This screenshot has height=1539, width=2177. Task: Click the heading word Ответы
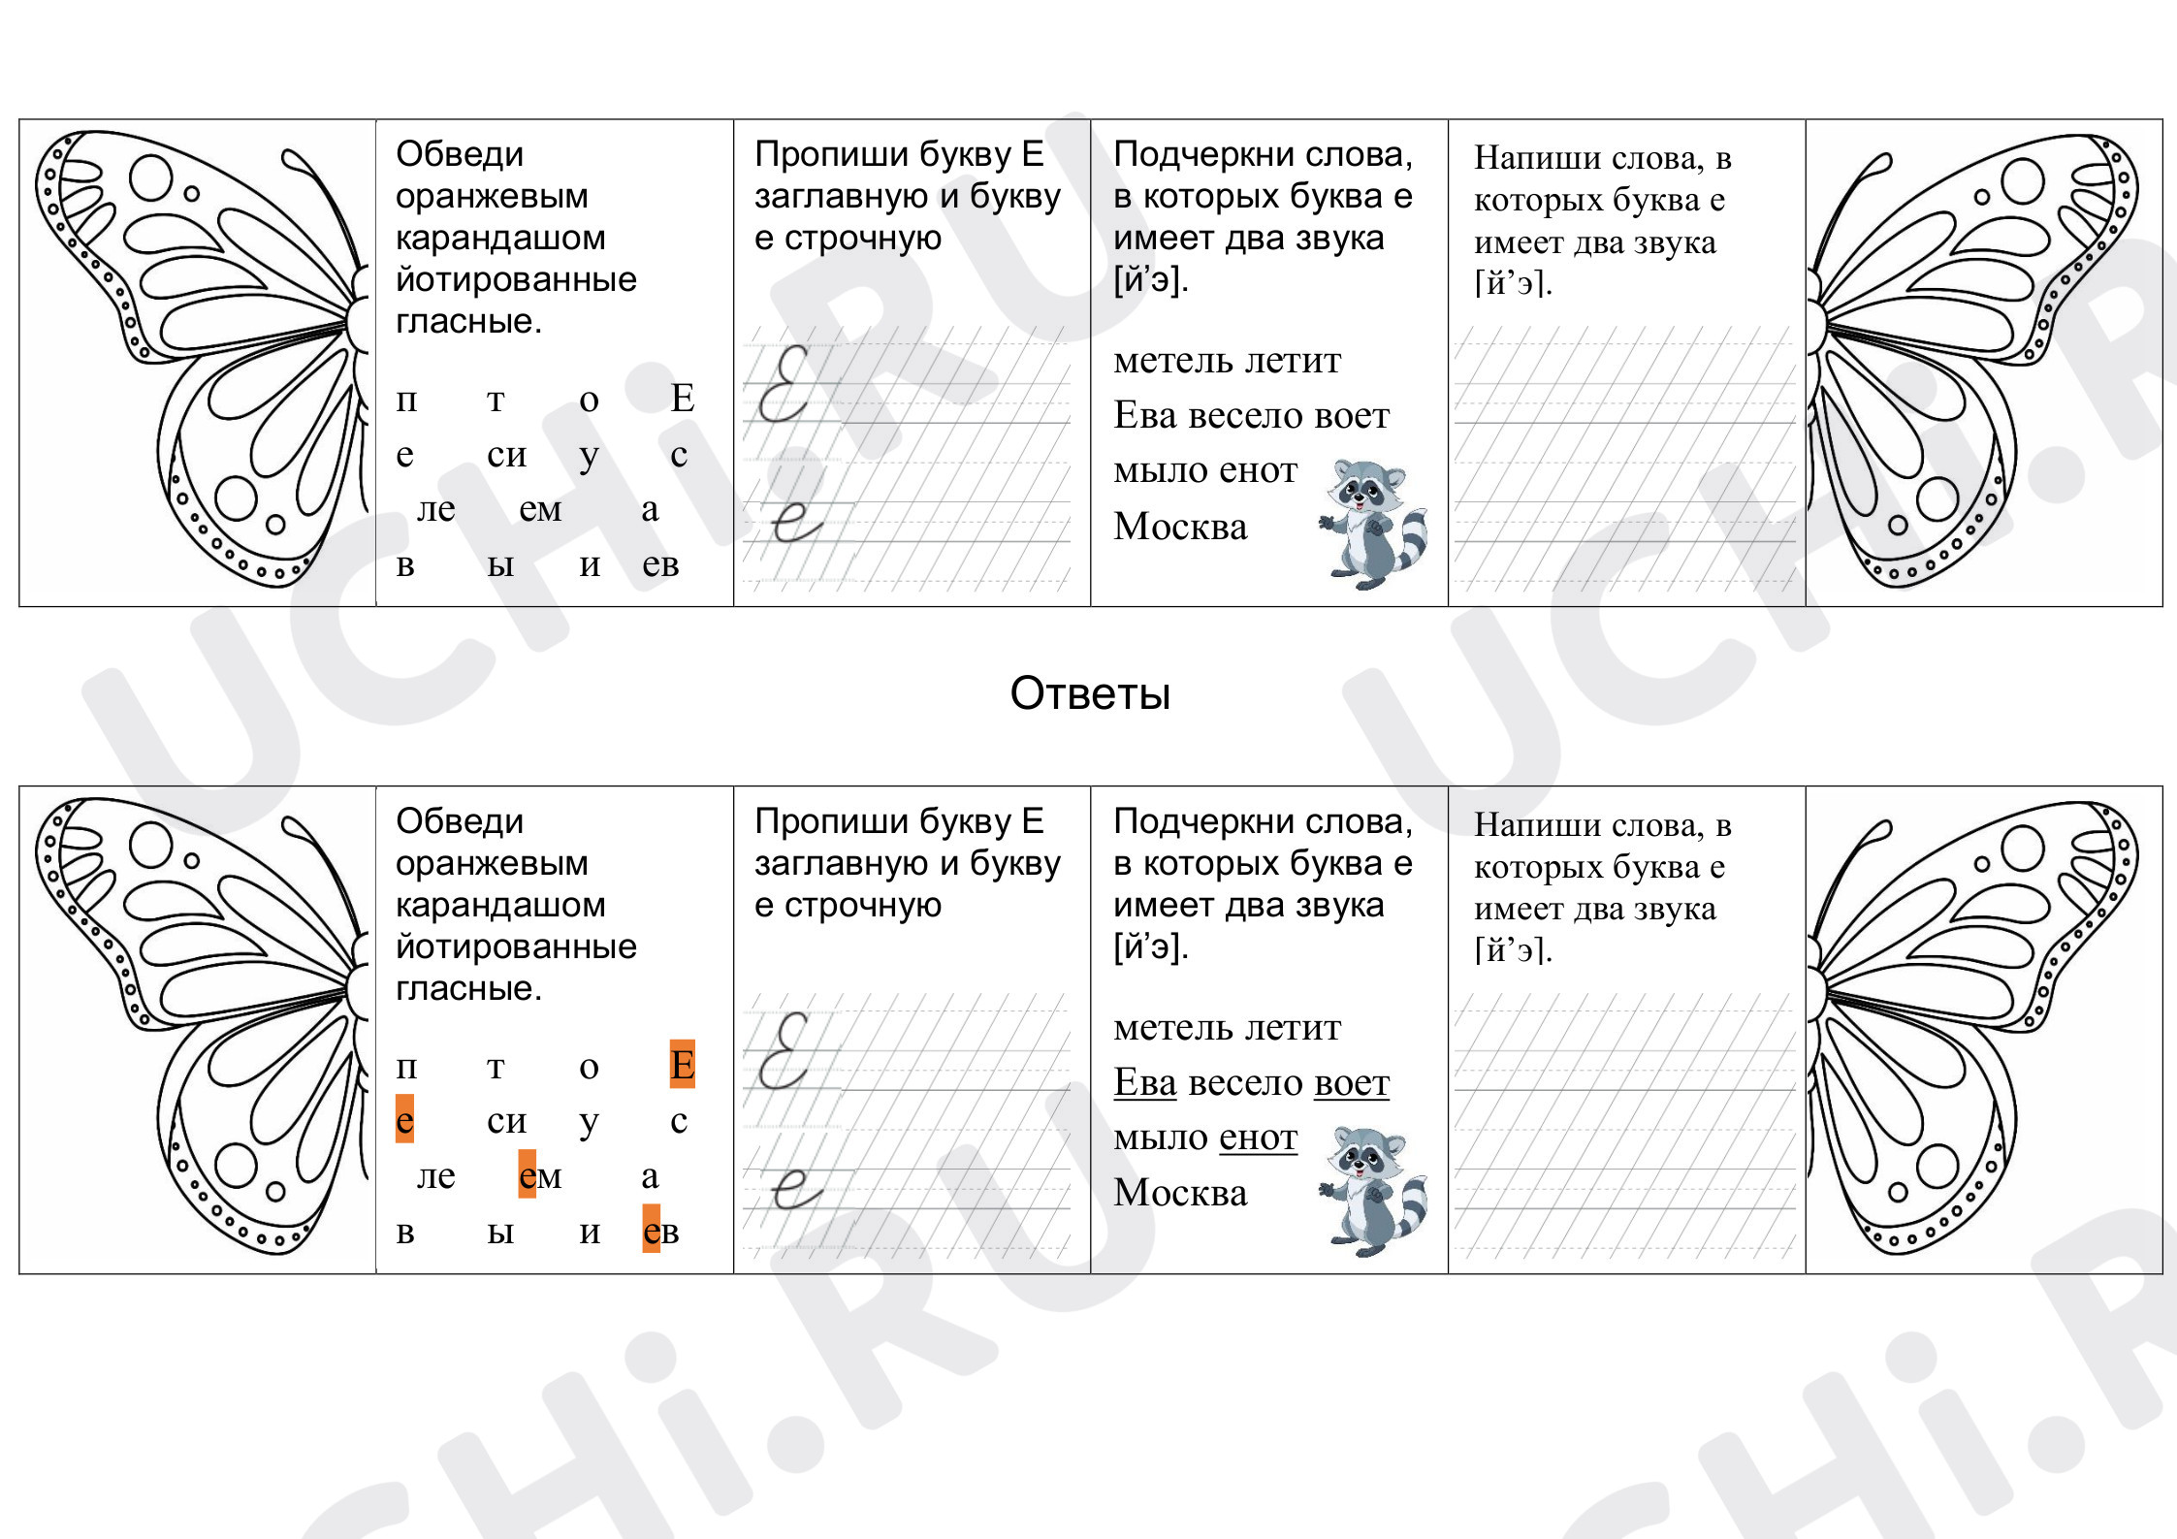pos(1090,693)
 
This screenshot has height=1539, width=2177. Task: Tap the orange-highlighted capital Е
pos(683,1065)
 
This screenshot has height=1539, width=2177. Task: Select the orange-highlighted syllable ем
pos(540,1175)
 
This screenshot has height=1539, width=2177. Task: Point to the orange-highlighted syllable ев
pos(660,1230)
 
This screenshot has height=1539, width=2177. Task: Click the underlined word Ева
pos(1145,1081)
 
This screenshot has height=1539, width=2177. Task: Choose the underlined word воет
pos(1352,1082)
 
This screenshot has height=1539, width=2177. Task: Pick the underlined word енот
pos(1258,1137)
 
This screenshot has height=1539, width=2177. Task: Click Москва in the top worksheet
pos(1180,526)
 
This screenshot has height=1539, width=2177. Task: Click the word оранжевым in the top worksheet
pos(492,196)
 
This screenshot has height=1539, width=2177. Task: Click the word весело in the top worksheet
pos(1246,415)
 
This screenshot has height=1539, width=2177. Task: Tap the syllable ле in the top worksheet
pos(435,509)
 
